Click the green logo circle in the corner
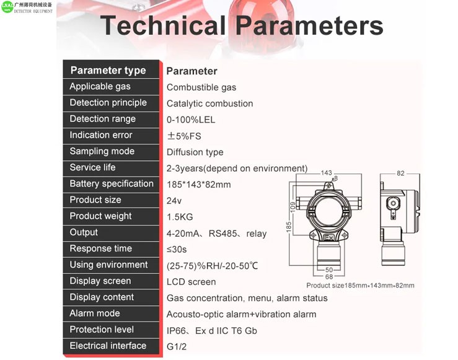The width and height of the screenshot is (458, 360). click(x=7, y=7)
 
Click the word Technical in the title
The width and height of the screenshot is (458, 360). click(x=163, y=25)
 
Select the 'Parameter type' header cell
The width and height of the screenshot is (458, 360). click(x=108, y=71)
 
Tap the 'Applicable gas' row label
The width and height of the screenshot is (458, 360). click(x=100, y=86)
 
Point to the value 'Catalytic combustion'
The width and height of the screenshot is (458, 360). click(x=209, y=103)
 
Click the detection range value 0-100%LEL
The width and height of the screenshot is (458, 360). click(x=191, y=120)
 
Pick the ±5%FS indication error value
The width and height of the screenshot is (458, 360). click(x=184, y=136)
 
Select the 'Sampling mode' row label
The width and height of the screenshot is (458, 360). click(x=102, y=151)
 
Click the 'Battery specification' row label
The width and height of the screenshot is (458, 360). click(x=112, y=183)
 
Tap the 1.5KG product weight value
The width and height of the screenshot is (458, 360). click(x=180, y=217)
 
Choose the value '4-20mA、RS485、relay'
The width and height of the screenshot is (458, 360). click(x=216, y=234)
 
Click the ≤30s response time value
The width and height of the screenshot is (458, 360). click(x=177, y=250)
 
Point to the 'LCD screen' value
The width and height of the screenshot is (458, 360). click(x=191, y=282)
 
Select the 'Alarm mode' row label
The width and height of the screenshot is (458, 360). click(x=95, y=314)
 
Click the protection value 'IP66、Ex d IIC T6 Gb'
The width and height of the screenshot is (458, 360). click(x=212, y=331)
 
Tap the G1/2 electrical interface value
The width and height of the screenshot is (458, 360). click(x=177, y=346)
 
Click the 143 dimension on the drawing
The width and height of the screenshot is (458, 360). click(x=326, y=173)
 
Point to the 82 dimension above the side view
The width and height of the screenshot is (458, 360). click(x=400, y=173)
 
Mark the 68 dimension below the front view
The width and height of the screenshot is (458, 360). click(x=329, y=276)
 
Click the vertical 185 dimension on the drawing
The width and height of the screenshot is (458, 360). click(x=289, y=227)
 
